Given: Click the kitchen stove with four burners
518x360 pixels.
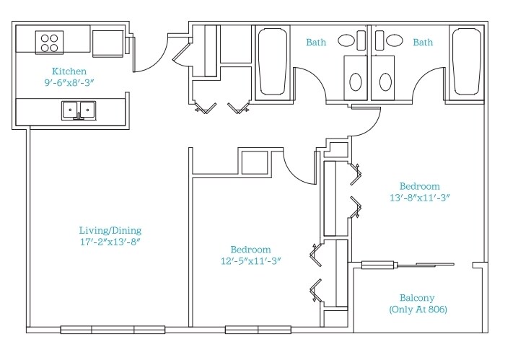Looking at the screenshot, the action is coord(50,43).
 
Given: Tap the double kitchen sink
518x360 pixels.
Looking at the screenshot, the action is coord(79,110).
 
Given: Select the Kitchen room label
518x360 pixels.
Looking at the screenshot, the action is coord(69,71).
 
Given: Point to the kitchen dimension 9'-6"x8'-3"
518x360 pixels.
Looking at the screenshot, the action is coord(69,82).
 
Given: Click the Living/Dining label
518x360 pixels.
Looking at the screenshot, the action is coord(110,230).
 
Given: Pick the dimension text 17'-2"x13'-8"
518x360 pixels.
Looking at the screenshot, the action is coord(110,242).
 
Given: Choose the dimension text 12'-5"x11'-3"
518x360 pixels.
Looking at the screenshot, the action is coord(251,261).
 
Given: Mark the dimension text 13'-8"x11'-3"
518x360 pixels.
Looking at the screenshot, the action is coord(420,198).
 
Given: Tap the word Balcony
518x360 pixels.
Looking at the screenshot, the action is coord(417,298).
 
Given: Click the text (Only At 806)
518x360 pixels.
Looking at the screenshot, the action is coord(418,309).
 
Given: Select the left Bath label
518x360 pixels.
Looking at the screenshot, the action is coord(316,43).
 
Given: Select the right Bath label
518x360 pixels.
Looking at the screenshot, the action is coord(423,43).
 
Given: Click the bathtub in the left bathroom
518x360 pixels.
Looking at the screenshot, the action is coord(273,62).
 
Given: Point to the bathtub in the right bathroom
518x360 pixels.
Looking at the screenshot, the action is coord(467,62).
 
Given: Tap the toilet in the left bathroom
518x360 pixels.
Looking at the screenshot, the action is coord(356,78).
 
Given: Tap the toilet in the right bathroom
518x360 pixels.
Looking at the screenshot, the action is coord(383,78).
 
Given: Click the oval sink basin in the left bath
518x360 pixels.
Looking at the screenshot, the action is coord(346,40).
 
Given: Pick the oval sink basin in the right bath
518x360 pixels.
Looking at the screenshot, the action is coord(395,40).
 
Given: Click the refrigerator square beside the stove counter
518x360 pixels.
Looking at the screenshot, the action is coord(107,43).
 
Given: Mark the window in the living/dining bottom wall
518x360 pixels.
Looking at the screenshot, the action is coord(113,330).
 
